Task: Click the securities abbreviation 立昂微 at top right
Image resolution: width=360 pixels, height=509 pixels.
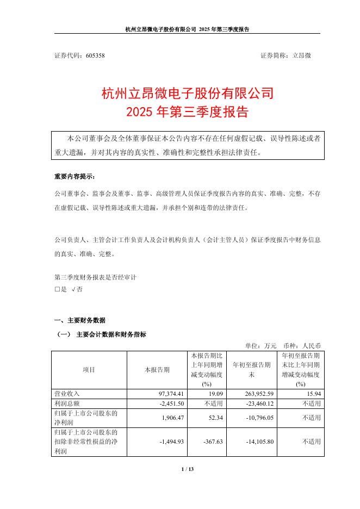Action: tap(301, 55)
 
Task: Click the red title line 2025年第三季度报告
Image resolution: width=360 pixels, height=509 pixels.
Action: tap(187, 113)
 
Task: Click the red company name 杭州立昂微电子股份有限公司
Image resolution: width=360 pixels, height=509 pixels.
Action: tap(187, 94)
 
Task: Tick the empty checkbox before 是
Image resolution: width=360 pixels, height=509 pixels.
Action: tap(57, 290)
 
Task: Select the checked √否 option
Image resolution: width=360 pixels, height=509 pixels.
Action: tap(77, 290)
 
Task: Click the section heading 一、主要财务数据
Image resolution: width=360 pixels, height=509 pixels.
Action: tap(80, 320)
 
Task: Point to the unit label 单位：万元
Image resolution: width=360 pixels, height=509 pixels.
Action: tap(261, 345)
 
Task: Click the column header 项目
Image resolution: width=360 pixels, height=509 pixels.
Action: tap(89, 369)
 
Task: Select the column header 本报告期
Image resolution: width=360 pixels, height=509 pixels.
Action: tap(157, 369)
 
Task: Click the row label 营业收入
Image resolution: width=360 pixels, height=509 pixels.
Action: tap(67, 393)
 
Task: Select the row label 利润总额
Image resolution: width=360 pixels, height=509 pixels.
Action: tap(67, 404)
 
